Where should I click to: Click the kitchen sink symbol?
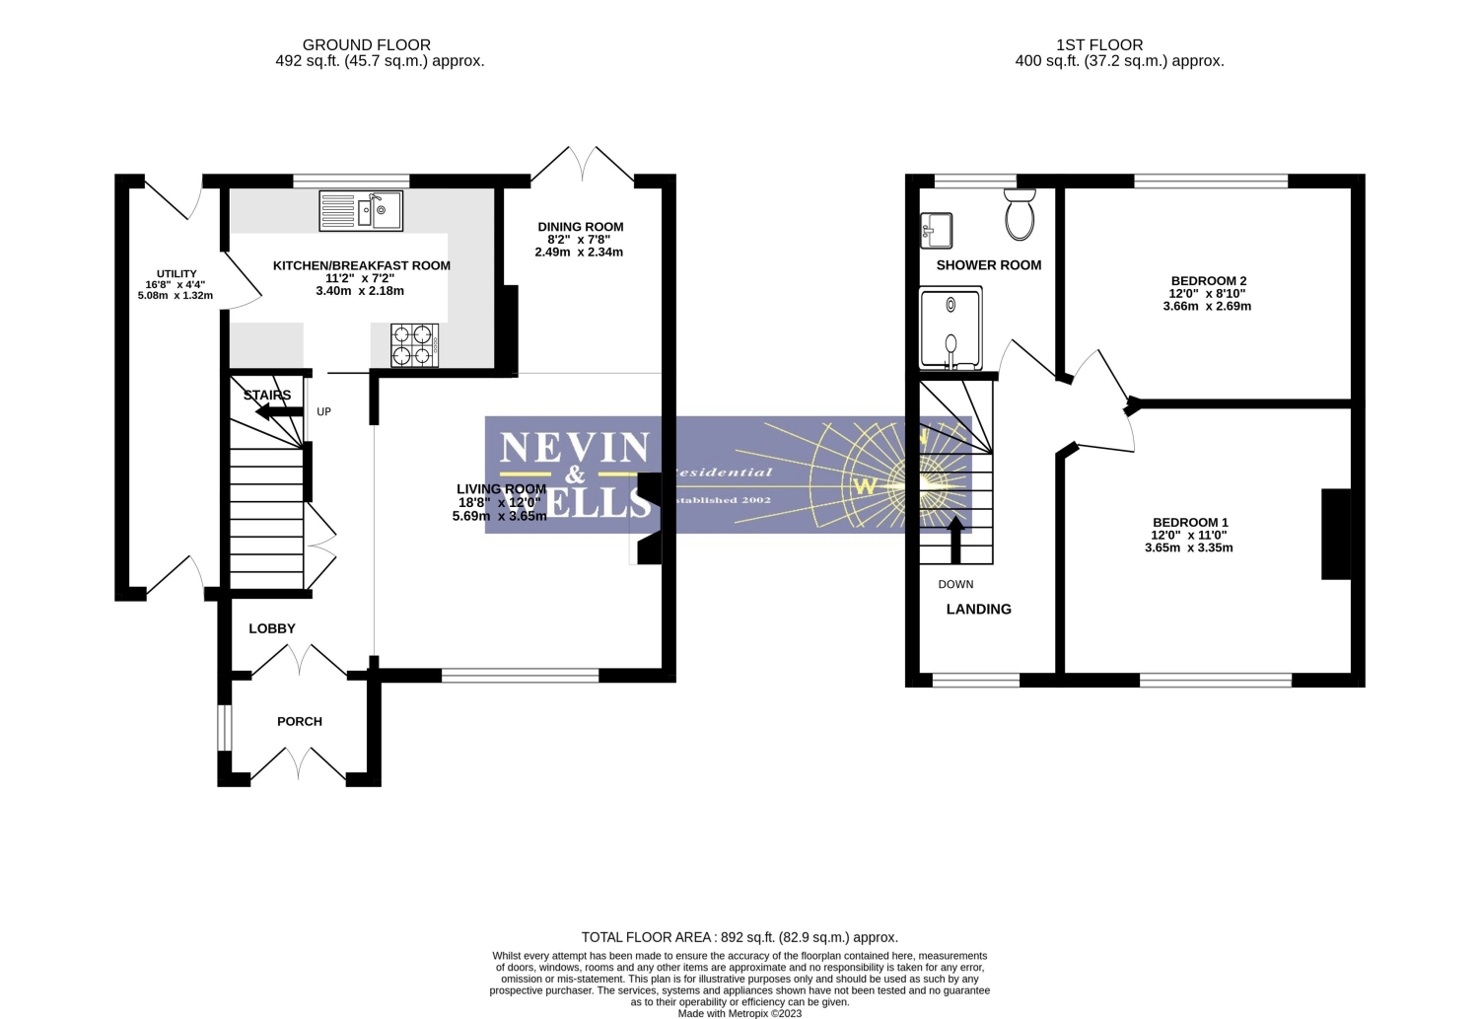pyautogui.click(x=361, y=211)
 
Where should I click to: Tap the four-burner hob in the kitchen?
pyautogui.click(x=414, y=345)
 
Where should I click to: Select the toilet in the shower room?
pyautogui.click(x=1021, y=214)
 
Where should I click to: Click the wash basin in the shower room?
pyautogui.click(x=936, y=231)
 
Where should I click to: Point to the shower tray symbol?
pyautogui.click(x=951, y=328)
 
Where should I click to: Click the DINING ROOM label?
pyautogui.click(x=580, y=227)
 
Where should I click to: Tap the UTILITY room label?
pyautogui.click(x=176, y=274)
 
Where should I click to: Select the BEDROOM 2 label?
pyautogui.click(x=1207, y=281)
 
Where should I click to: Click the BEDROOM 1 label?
pyautogui.click(x=1190, y=523)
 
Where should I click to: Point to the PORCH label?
pyautogui.click(x=300, y=721)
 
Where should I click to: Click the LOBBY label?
pyautogui.click(x=272, y=628)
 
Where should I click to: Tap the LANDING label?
pyautogui.click(x=978, y=609)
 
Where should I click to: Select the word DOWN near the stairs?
pyautogui.click(x=955, y=584)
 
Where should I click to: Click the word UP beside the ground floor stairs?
pyautogui.click(x=323, y=411)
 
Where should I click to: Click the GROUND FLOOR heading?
pyautogui.click(x=366, y=44)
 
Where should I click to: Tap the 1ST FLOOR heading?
pyautogui.click(x=1099, y=44)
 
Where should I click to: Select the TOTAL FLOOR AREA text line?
pyautogui.click(x=739, y=937)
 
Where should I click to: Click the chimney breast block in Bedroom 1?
pyautogui.click(x=1335, y=534)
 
